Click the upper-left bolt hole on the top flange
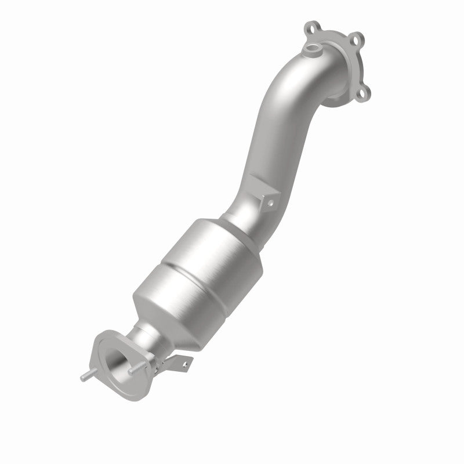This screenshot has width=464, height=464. (x=308, y=27)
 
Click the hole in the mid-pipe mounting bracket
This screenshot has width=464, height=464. (x=269, y=201)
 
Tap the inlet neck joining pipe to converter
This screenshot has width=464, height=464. (x=238, y=217)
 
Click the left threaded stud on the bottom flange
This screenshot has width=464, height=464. (x=86, y=378)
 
